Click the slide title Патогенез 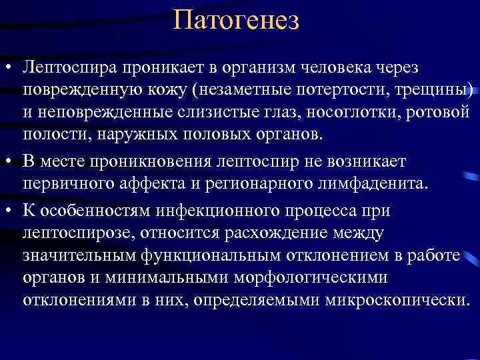236,19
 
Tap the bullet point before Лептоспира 9,69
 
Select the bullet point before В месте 9,162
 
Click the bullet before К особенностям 9,209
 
